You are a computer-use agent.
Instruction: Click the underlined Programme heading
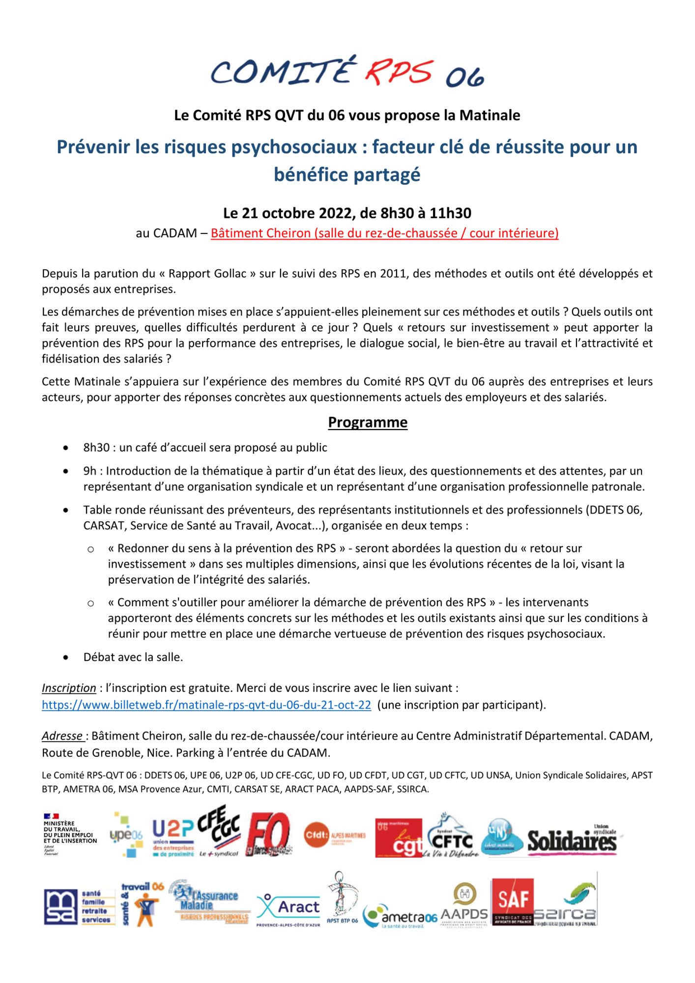pos(368,422)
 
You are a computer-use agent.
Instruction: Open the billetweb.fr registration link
pos(206,705)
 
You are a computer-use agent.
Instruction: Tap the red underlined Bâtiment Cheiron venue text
pos(384,233)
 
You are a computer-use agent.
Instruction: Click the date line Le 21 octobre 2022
pos(347,213)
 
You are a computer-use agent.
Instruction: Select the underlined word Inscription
pos(69,688)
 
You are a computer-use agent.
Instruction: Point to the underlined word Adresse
pos(62,736)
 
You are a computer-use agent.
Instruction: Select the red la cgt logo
pos(398,837)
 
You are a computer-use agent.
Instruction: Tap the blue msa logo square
pos(60,907)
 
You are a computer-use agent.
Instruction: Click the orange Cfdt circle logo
pos(317,835)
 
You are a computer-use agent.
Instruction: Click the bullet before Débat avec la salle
pos(66,657)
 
